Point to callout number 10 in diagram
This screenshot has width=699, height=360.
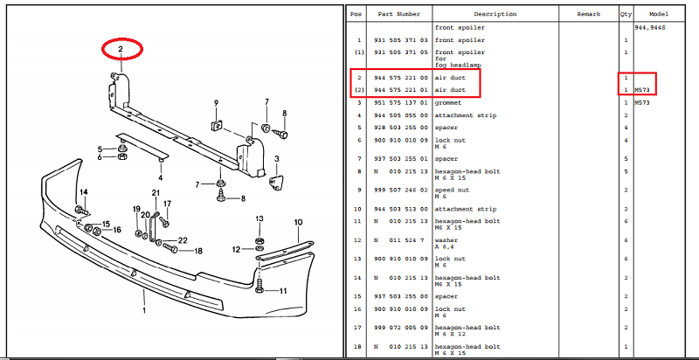pos(297,222)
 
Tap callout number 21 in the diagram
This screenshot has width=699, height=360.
pos(156,193)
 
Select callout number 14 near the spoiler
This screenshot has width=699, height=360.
pos(84,191)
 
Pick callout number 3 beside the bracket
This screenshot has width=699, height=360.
pos(276,159)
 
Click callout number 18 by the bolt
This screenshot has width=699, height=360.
pos(197,251)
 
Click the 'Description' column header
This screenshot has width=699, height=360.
pos(495,15)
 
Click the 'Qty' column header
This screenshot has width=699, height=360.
pos(626,15)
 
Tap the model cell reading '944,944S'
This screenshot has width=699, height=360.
pos(652,28)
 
